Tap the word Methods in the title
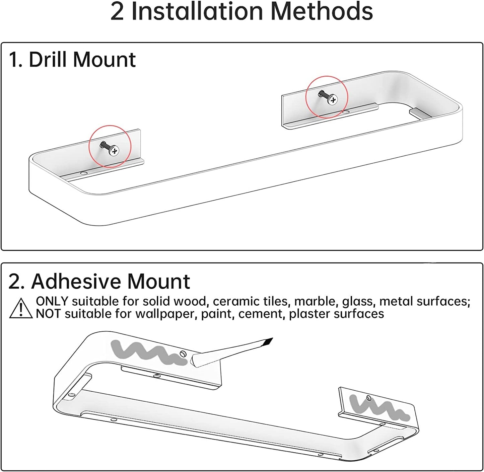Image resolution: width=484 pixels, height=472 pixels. (x=321, y=11)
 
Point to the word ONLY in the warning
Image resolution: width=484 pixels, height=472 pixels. (x=52, y=301)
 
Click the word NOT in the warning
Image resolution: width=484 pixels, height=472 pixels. (x=49, y=314)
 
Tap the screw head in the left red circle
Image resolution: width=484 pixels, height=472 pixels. (x=114, y=151)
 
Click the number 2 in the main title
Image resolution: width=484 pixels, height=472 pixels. (x=117, y=11)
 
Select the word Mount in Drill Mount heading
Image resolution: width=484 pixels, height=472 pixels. (x=104, y=60)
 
